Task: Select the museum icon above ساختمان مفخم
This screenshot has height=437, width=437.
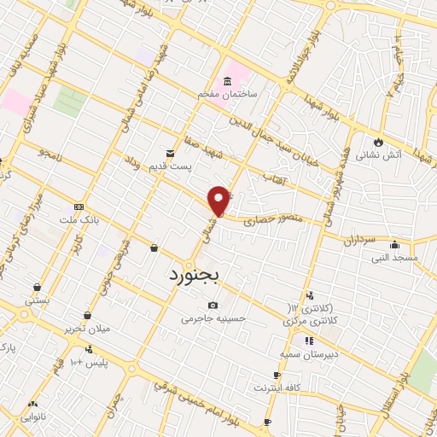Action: coord(228,82)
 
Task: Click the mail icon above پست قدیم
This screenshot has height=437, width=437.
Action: coord(170,152)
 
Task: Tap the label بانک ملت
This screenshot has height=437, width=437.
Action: coord(79,219)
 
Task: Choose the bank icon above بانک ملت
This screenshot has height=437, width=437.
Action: coord(79,206)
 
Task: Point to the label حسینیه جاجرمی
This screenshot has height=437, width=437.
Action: coord(213,319)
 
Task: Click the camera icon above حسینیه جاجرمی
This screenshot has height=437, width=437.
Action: coord(213,306)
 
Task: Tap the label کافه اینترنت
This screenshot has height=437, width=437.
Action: coord(277,388)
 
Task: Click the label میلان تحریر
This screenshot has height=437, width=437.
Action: coord(87,328)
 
